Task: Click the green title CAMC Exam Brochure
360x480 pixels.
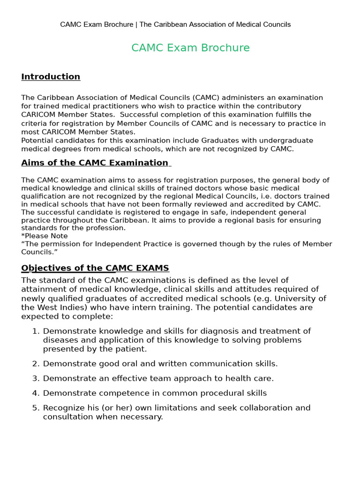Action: [x=190, y=48]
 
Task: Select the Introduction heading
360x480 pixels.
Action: [x=51, y=77]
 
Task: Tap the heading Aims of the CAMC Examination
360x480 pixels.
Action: [x=95, y=163]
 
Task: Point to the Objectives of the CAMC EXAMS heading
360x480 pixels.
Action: [x=95, y=268]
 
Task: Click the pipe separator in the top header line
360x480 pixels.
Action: [x=136, y=24]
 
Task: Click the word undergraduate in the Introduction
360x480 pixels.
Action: [x=286, y=141]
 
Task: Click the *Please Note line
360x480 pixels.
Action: [x=45, y=236]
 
